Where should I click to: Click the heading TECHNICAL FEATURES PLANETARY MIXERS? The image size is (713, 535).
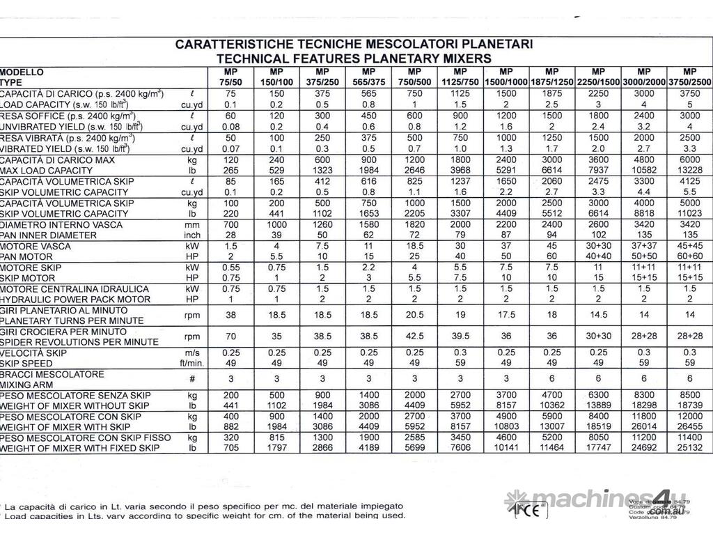(354, 58)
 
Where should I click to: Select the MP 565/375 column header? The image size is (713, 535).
(368, 77)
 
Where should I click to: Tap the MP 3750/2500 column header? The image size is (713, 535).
(689, 77)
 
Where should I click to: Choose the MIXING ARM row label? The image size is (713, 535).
(29, 384)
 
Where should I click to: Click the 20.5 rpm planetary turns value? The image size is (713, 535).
(414, 314)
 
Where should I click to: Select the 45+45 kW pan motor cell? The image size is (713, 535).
(689, 246)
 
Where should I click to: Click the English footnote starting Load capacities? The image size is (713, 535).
(205, 516)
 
